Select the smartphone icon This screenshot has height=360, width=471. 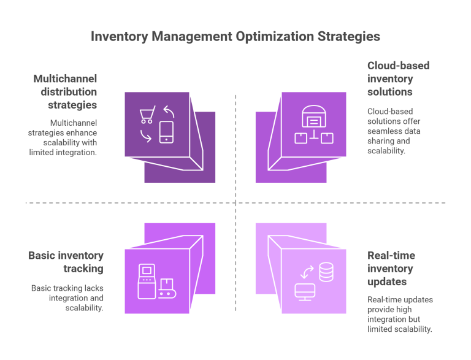click(166, 132)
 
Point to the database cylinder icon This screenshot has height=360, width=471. click(326, 272)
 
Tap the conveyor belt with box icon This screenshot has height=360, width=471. click(166, 288)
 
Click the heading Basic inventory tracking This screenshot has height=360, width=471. click(66, 262)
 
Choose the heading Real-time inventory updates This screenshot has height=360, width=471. click(391, 269)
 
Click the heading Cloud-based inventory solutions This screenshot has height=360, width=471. click(391, 79)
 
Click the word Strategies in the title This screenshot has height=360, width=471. click(348, 36)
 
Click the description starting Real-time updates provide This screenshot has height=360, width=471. click(400, 314)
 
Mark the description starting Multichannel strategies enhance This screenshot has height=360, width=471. click(63, 137)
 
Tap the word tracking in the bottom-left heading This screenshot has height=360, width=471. click(84, 269)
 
